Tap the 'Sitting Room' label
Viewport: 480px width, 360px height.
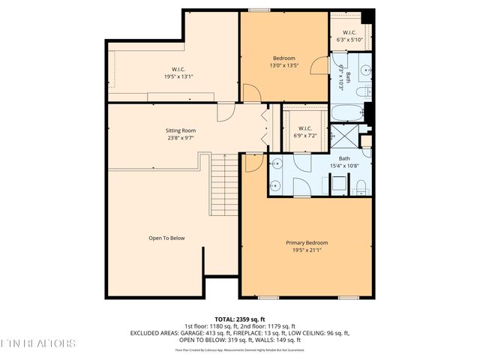[x=181, y=130]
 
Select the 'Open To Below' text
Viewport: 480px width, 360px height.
[x=166, y=238]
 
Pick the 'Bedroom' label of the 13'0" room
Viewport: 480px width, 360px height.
[x=283, y=58]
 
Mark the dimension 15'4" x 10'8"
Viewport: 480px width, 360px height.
[x=344, y=166]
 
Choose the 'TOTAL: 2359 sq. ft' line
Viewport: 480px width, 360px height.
[x=239, y=319]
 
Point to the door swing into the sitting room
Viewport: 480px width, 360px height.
[x=225, y=112]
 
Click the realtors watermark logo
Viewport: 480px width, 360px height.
[x=37, y=343]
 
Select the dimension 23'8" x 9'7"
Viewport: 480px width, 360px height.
[x=181, y=138]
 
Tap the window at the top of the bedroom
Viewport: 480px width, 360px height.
[x=259, y=10]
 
